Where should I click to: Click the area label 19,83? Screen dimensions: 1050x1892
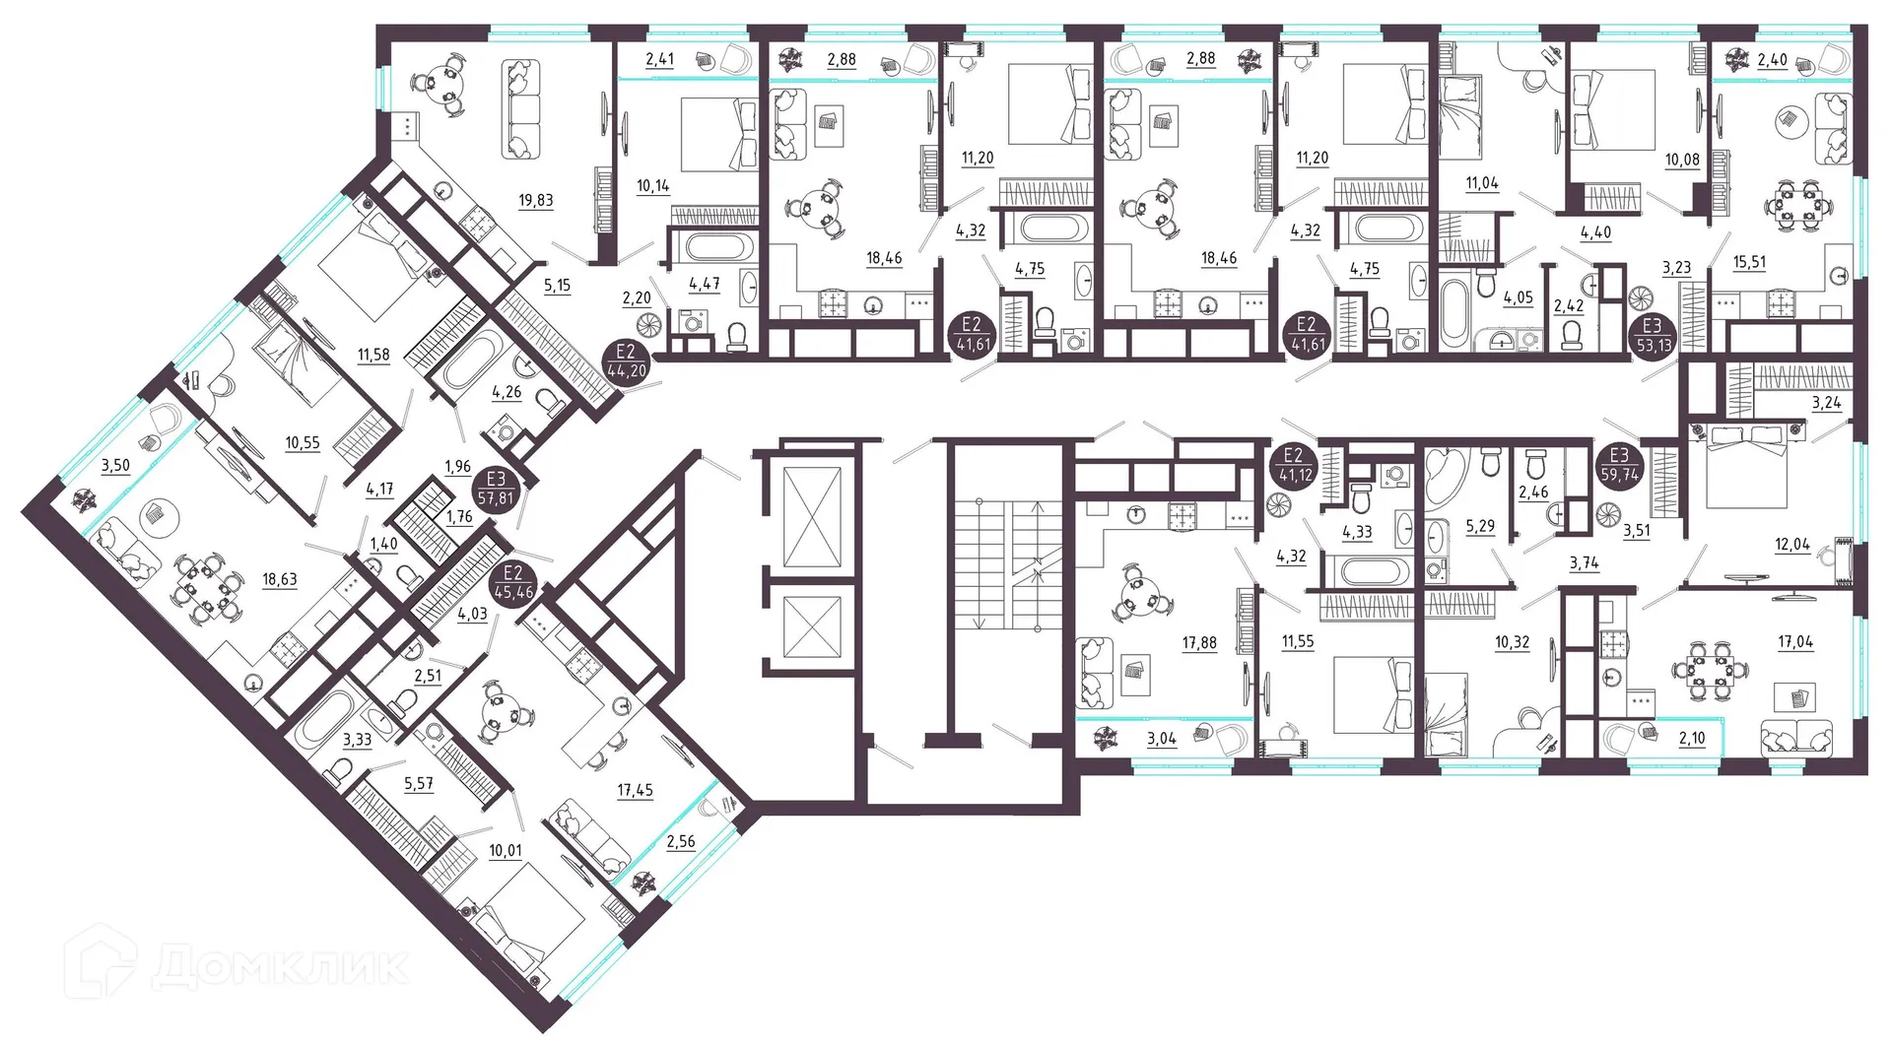535,201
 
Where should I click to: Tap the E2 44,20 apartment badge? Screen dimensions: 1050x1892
627,361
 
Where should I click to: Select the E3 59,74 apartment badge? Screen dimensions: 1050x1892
1619,465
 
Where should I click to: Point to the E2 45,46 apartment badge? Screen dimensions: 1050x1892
513,583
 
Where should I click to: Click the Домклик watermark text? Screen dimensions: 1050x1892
280,966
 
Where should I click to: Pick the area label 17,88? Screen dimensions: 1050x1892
1199,643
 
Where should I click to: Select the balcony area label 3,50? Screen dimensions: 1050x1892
115,466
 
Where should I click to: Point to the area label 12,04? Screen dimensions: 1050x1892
1791,545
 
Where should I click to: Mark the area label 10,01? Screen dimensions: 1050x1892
506,851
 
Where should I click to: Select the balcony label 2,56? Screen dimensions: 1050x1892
680,842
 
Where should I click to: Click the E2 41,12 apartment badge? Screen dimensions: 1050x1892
1293,465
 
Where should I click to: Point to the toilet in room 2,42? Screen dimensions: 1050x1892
1573,336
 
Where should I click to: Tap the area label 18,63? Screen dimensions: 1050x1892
280,580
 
